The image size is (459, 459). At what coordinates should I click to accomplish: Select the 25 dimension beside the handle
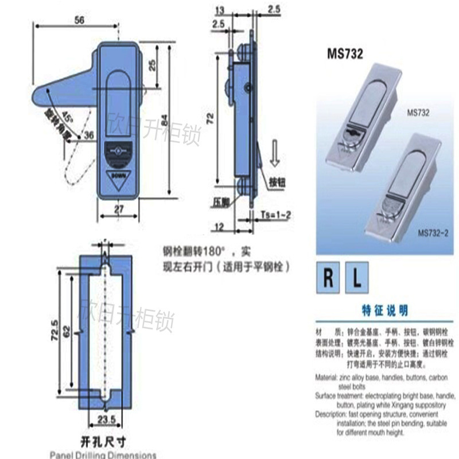[x=151, y=65]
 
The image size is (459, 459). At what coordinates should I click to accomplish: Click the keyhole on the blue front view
[x=119, y=152]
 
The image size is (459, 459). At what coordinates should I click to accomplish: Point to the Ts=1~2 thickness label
[x=275, y=214]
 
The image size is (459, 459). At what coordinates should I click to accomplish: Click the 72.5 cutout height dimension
[x=53, y=330]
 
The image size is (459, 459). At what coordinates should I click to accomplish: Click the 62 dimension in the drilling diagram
[x=67, y=330]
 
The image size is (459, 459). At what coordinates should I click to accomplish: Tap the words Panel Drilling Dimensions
[x=102, y=454]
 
